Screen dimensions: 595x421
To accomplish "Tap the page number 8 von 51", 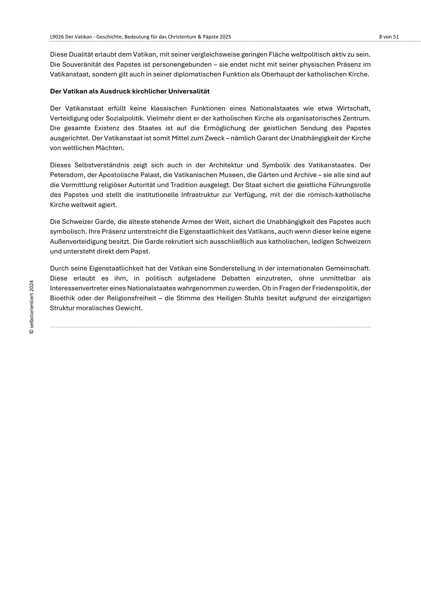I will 389,37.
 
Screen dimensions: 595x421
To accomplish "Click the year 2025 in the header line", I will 225,37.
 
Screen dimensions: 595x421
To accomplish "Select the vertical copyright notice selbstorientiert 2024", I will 31,307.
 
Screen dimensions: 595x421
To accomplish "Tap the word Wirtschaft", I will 354,108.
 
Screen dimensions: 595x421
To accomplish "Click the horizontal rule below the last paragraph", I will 210,327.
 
